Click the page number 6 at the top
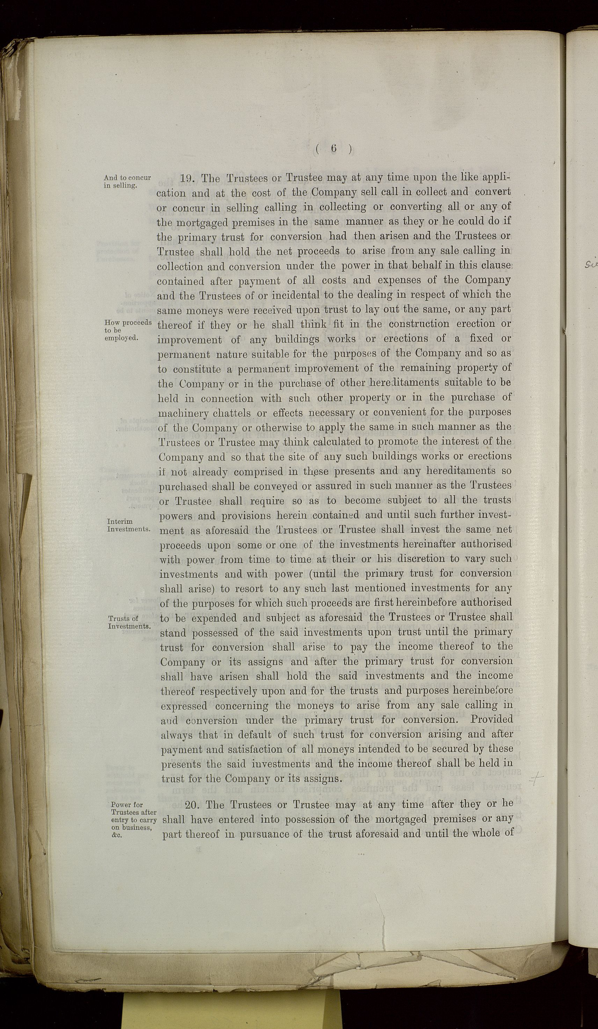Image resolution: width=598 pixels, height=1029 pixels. (x=333, y=149)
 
